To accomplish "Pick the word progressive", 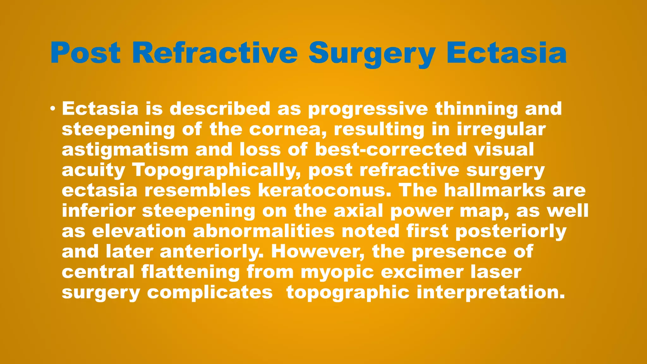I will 368,109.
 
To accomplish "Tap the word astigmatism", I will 125,149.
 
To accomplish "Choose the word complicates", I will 210,293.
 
